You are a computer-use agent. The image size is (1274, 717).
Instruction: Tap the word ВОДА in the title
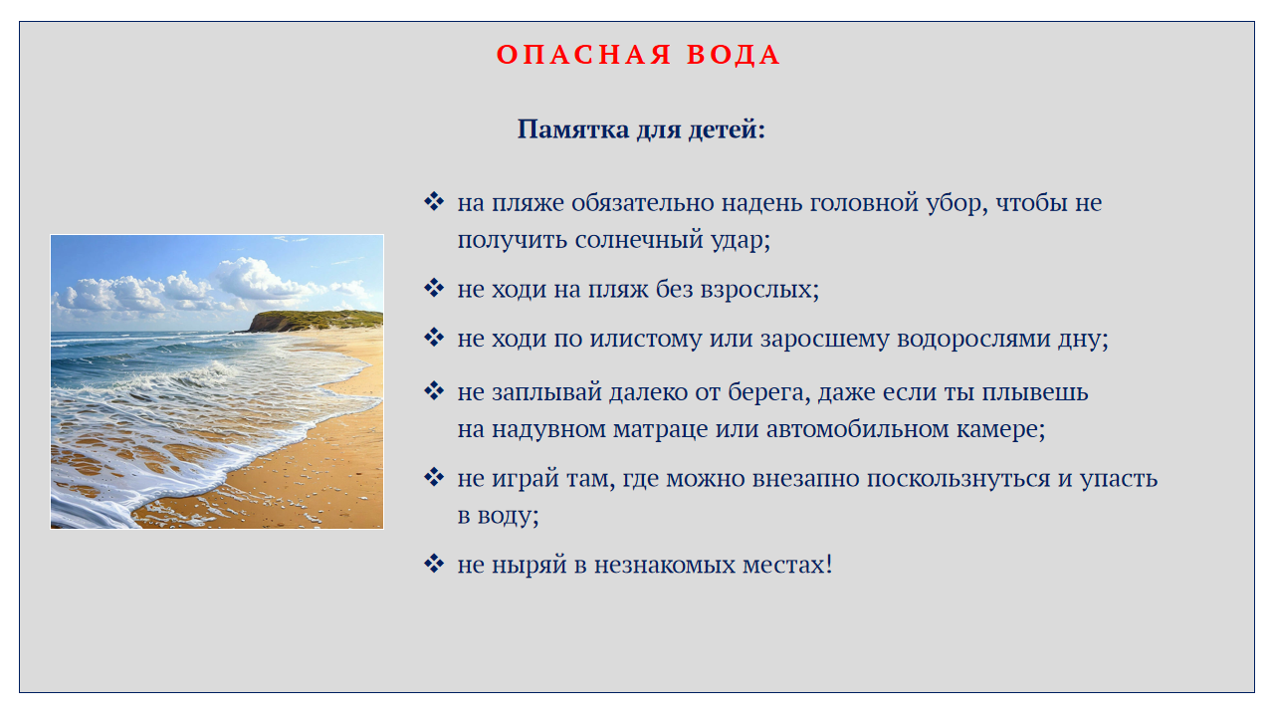pyautogui.click(x=734, y=55)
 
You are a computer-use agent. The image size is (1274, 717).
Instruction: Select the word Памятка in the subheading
pyautogui.click(x=573, y=129)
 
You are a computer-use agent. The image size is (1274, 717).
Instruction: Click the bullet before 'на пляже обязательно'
pyautogui.click(x=434, y=201)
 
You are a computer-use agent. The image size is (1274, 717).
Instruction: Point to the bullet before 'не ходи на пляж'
pyautogui.click(x=434, y=288)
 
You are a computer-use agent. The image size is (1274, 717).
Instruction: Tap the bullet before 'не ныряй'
pyautogui.click(x=434, y=564)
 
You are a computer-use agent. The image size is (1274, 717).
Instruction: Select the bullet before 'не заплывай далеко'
pyautogui.click(x=434, y=391)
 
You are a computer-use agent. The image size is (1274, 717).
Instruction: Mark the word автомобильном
pyautogui.click(x=858, y=429)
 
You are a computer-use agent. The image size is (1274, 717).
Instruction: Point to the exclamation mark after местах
pyautogui.click(x=829, y=565)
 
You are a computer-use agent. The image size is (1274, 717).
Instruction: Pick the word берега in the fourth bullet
pyautogui.click(x=769, y=393)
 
